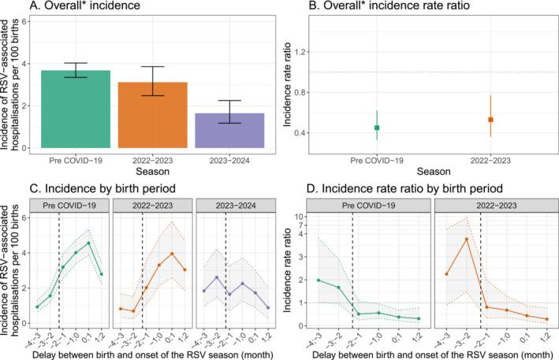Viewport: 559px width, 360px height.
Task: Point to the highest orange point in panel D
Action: coord(466,239)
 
